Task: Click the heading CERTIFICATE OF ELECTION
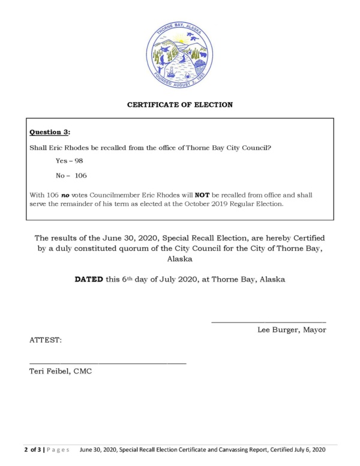[x=179, y=105]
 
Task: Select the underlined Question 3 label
[x=50, y=132]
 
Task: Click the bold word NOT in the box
[x=212, y=195]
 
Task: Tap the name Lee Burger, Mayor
[x=292, y=330]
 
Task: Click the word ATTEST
[x=45, y=340]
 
